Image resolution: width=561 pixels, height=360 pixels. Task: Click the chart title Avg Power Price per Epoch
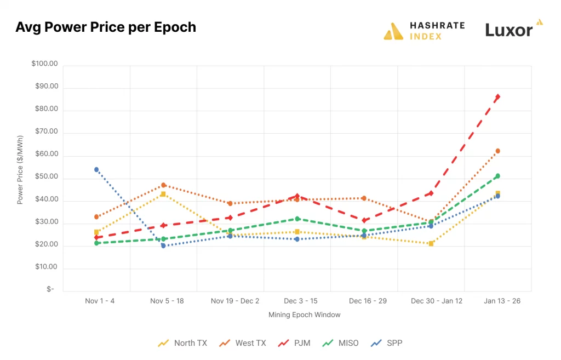[x=106, y=27]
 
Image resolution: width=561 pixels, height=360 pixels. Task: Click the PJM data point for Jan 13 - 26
[x=497, y=97]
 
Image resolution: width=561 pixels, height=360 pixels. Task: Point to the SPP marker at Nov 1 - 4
[x=96, y=169]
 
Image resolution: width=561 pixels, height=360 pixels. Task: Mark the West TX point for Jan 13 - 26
[x=497, y=151]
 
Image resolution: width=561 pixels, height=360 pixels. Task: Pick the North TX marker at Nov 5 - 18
[x=163, y=194]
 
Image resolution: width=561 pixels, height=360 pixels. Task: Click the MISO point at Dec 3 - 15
[x=297, y=219]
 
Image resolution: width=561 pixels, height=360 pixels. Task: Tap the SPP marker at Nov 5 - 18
[x=163, y=245]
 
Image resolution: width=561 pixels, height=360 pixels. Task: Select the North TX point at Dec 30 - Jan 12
[x=431, y=243]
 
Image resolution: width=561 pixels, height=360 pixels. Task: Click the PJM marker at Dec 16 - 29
[x=364, y=220]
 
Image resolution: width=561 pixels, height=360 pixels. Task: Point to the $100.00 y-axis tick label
[x=44, y=64]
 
